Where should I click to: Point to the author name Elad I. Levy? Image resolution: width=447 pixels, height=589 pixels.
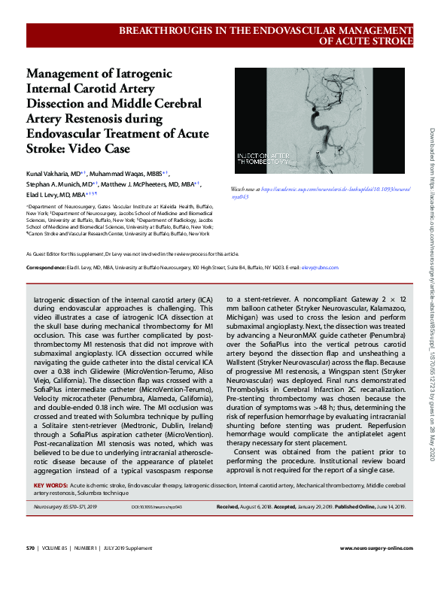44,193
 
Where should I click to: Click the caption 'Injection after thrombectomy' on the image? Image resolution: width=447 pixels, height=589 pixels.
264,160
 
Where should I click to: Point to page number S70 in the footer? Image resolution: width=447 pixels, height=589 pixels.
32,569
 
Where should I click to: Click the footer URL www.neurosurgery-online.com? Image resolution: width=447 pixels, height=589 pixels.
376,569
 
